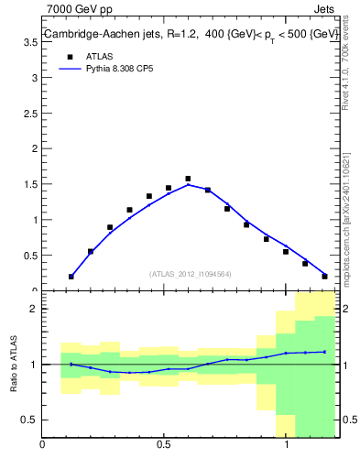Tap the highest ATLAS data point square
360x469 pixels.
188,179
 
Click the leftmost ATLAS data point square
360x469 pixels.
71,276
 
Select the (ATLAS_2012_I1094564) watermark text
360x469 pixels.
190,273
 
